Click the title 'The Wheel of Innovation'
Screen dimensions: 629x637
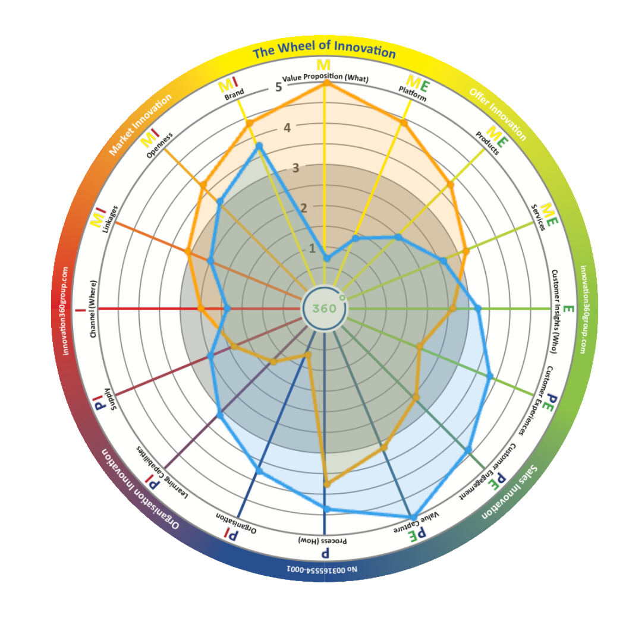324,50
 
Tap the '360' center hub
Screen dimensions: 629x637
324,308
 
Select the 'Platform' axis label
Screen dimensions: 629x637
413,94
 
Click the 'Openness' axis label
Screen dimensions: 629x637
159,146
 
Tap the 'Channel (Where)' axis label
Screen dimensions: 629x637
93,308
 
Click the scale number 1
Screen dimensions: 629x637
312,248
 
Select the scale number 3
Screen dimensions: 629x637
295,168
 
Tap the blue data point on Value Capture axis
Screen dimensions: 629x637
413,516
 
